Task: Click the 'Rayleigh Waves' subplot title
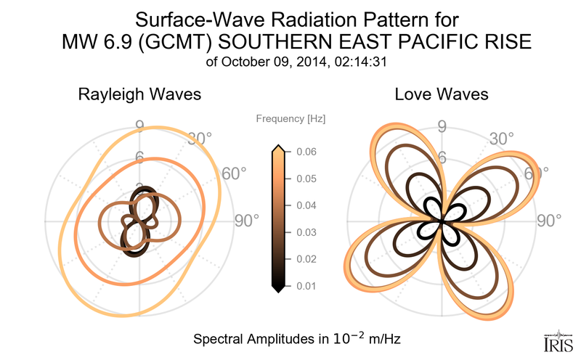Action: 139,95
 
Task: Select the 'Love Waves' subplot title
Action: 441,95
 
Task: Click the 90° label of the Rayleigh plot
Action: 246,221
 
